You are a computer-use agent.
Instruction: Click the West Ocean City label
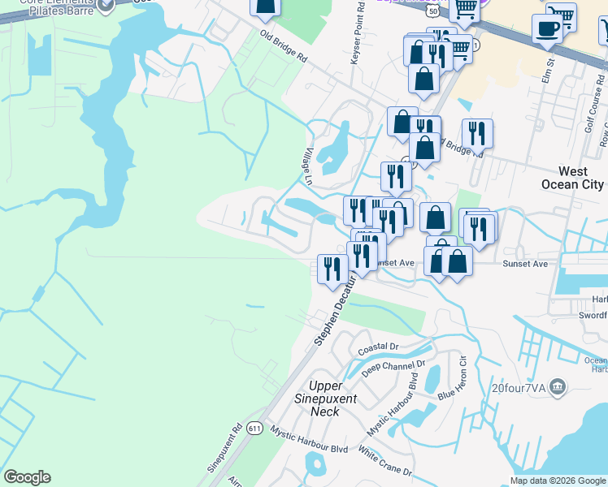(572, 178)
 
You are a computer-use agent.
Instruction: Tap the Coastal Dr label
(378, 347)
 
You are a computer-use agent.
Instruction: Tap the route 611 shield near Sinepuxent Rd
(256, 428)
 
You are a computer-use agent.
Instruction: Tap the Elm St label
(549, 69)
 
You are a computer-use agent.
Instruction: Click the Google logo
(27, 477)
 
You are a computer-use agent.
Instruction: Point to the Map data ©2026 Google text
(558, 481)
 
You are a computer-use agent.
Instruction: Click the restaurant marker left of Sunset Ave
(332, 267)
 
